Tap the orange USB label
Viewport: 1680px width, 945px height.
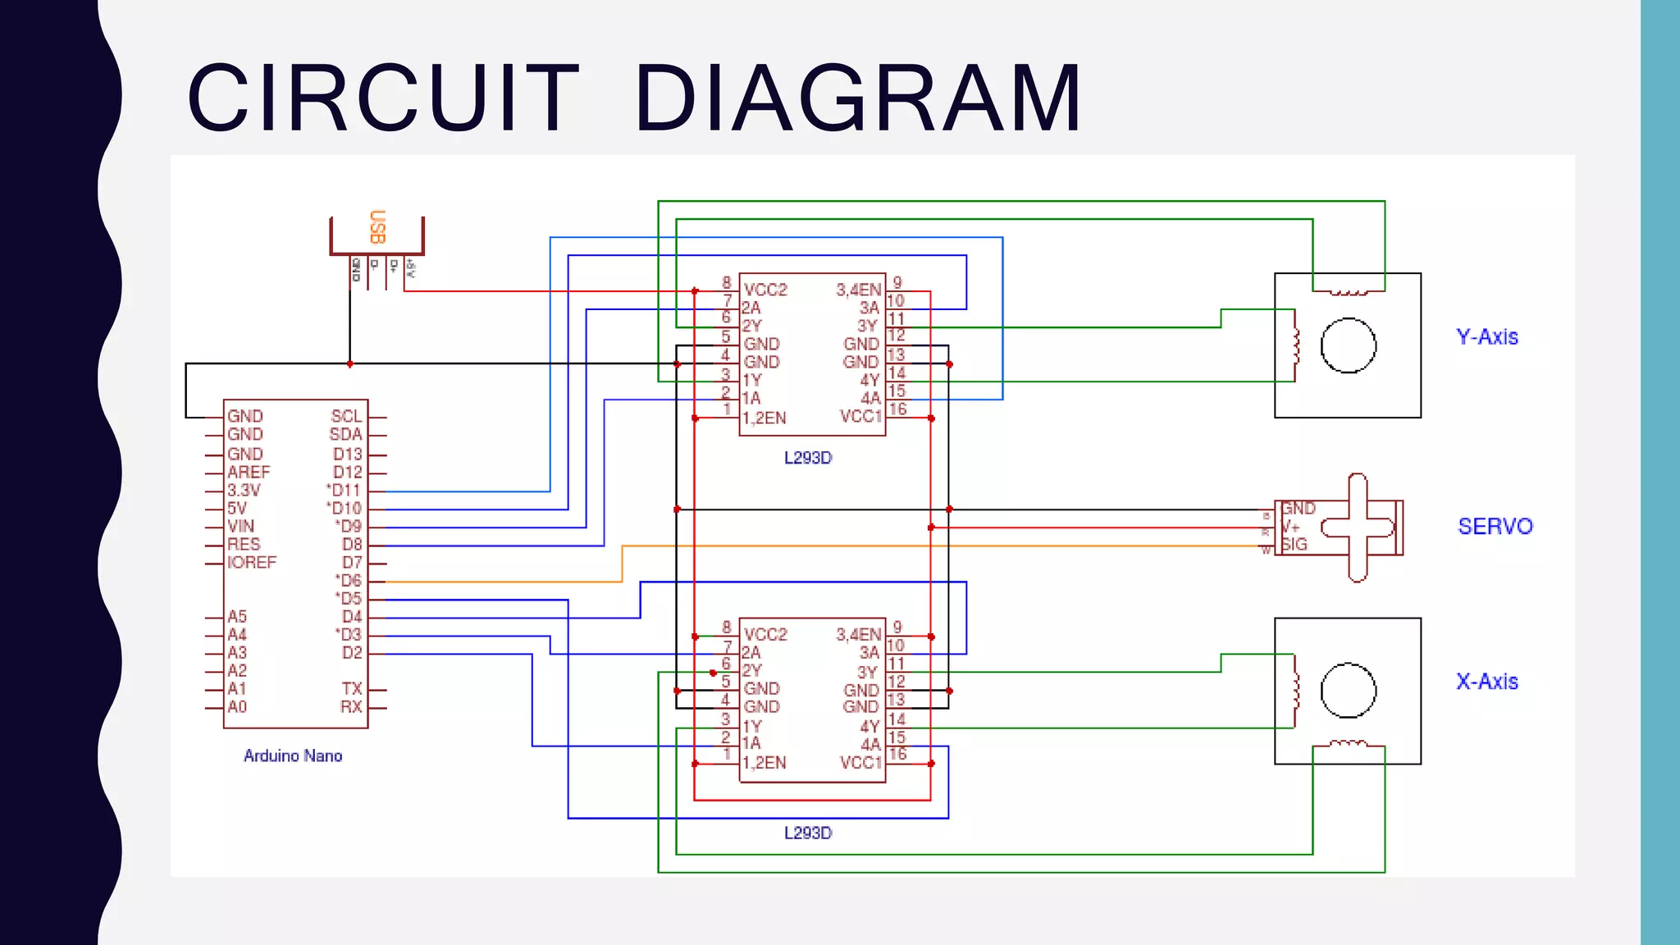pyautogui.click(x=377, y=227)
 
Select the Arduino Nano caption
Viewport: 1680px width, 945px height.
pyautogui.click(x=293, y=756)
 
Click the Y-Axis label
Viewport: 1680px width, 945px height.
pyautogui.click(x=1486, y=337)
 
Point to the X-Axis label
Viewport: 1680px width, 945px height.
pyautogui.click(x=1486, y=682)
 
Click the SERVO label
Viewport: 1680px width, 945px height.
pyautogui.click(x=1495, y=527)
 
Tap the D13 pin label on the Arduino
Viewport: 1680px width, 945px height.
pyautogui.click(x=347, y=454)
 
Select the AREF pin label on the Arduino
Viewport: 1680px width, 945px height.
pyautogui.click(x=249, y=472)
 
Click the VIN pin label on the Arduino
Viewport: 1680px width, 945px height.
pyautogui.click(x=241, y=527)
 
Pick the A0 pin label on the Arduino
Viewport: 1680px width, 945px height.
pyautogui.click(x=237, y=707)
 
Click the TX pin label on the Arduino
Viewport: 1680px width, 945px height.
pyautogui.click(x=352, y=689)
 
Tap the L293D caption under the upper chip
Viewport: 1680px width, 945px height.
pyautogui.click(x=808, y=458)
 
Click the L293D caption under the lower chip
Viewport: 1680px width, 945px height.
pyautogui.click(x=808, y=833)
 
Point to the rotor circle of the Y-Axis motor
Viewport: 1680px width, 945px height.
pyautogui.click(x=1348, y=345)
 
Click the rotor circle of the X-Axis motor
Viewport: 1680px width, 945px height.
pyautogui.click(x=1348, y=690)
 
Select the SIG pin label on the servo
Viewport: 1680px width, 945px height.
pyautogui.click(x=1294, y=545)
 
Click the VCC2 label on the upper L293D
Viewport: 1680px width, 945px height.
pyautogui.click(x=765, y=290)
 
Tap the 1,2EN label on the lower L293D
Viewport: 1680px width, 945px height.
pyautogui.click(x=765, y=763)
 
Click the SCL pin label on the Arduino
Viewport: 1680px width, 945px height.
pyautogui.click(x=346, y=417)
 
